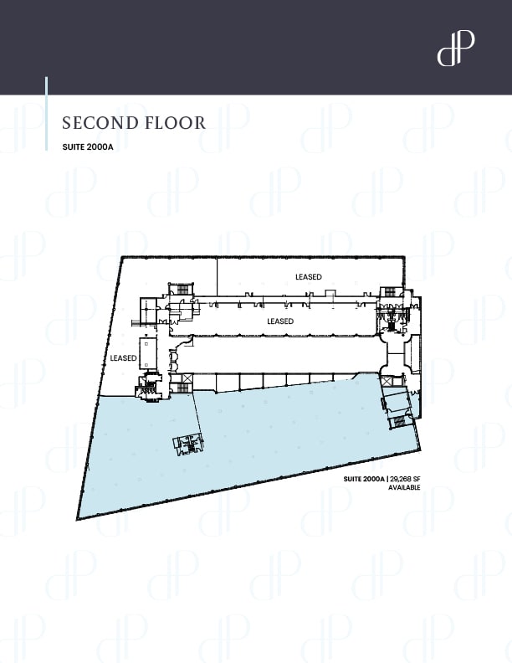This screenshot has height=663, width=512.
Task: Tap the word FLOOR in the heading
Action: [174, 123]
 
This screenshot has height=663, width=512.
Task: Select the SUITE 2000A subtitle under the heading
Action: [86, 147]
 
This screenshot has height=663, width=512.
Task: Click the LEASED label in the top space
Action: [308, 276]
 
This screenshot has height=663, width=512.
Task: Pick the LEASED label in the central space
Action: [280, 321]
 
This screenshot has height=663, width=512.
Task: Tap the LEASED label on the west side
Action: [123, 358]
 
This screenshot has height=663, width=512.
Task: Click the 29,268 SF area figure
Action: [406, 479]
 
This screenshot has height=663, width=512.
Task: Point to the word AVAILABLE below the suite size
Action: [404, 487]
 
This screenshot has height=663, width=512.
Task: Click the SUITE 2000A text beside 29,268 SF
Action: [363, 479]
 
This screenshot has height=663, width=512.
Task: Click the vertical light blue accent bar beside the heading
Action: [46, 113]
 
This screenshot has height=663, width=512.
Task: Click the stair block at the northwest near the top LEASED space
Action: [179, 290]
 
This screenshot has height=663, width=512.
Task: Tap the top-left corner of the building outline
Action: [122, 257]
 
